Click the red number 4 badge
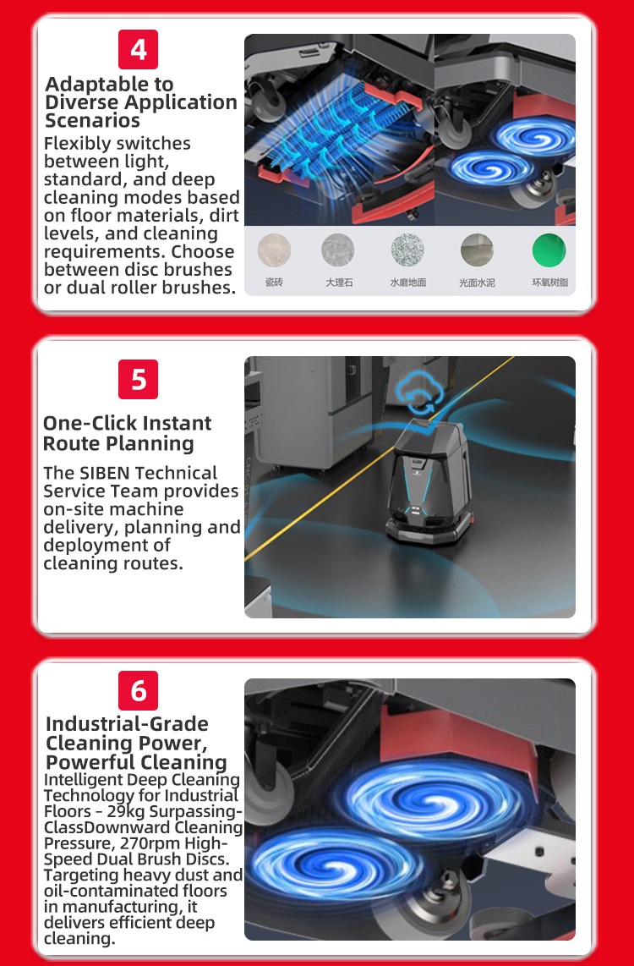(138, 49)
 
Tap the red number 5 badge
(138, 379)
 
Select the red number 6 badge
(138, 690)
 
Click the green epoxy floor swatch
(549, 250)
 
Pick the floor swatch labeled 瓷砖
(274, 250)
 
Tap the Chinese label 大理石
(339, 283)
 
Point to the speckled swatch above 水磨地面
(407, 250)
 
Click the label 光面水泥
(477, 283)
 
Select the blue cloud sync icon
(417, 393)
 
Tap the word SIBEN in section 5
(106, 473)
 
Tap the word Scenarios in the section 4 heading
(93, 120)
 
